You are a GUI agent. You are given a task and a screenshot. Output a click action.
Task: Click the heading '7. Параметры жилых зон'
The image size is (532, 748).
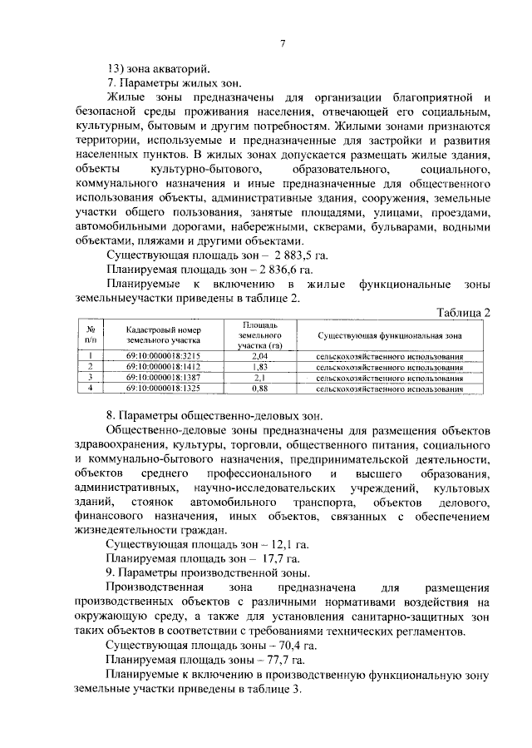click(x=174, y=83)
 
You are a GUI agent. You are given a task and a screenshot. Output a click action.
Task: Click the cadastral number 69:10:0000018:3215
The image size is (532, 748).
click(x=163, y=356)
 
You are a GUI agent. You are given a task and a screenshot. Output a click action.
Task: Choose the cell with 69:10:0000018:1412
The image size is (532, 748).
click(x=163, y=366)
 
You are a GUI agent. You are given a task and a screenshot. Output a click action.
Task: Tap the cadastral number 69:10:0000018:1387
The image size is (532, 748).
click(x=163, y=377)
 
